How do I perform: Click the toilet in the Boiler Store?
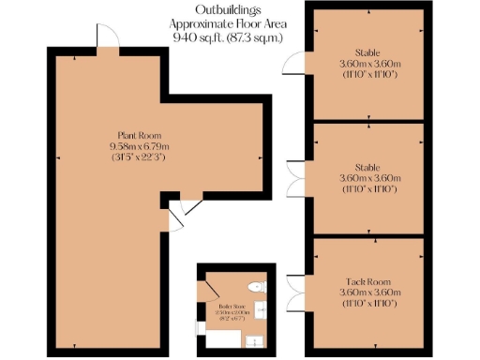tap(255, 286)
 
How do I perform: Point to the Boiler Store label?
tap(232, 306)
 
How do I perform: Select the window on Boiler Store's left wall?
tap(198, 327)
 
